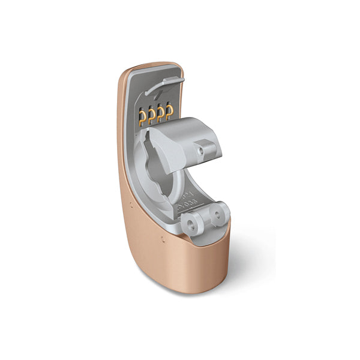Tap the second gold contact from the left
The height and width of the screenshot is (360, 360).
coord(151,115)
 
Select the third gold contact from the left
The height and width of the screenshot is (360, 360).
coord(160,113)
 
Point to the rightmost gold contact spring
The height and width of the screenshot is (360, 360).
coord(170,112)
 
